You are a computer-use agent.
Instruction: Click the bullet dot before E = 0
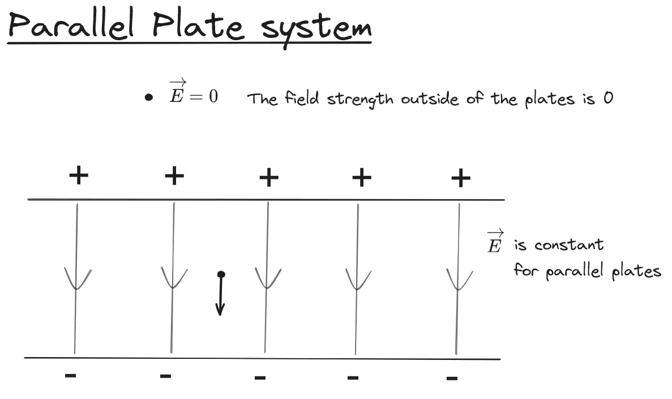click(x=149, y=97)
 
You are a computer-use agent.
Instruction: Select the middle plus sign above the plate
click(x=269, y=178)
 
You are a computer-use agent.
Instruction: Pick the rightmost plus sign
click(x=461, y=179)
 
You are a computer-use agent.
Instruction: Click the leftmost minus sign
click(x=71, y=374)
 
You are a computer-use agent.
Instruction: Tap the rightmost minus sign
click(x=452, y=377)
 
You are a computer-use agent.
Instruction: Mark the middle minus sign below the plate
click(x=260, y=376)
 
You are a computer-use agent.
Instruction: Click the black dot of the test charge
click(x=221, y=274)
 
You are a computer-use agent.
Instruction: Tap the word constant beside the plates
click(x=569, y=245)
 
